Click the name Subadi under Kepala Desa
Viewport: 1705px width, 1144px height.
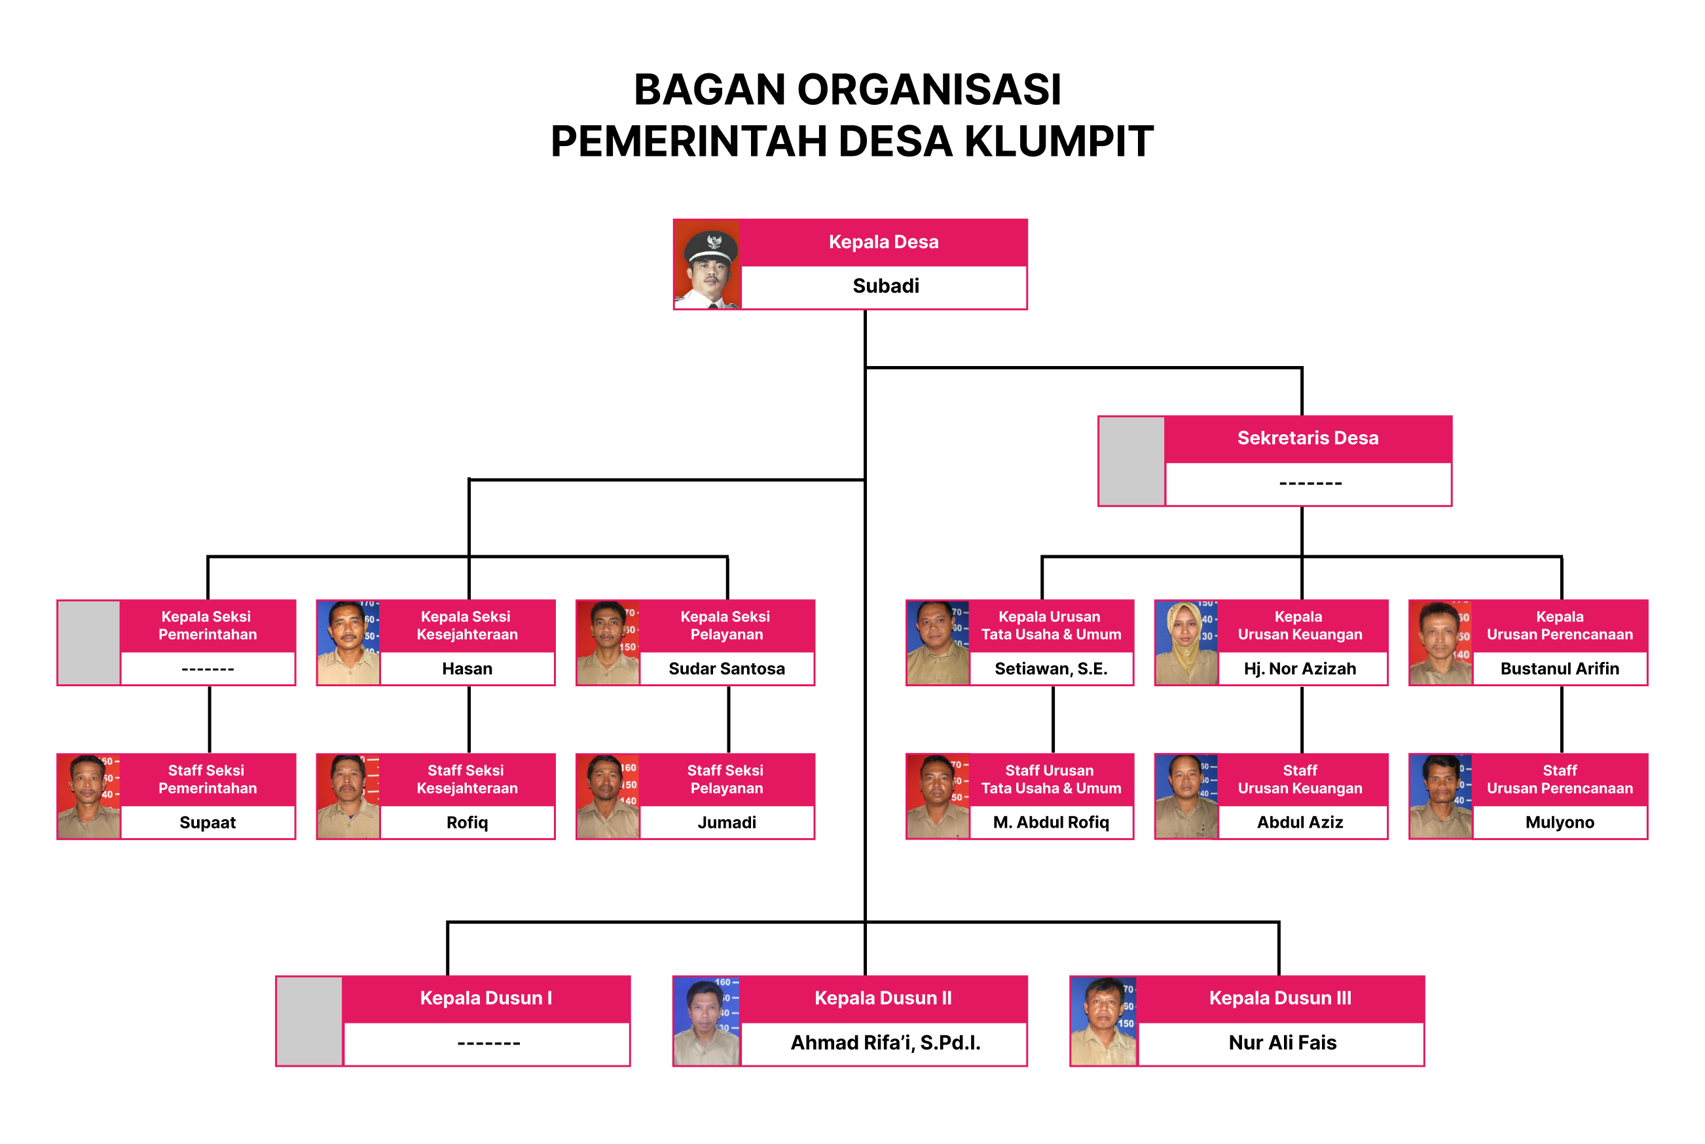pyautogui.click(x=885, y=286)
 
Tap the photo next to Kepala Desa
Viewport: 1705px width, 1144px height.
pyautogui.click(x=707, y=265)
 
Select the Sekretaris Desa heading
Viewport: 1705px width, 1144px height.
pyautogui.click(x=1308, y=439)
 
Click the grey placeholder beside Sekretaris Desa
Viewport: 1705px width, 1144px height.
pyautogui.click(x=1131, y=461)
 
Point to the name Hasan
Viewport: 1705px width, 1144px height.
pyautogui.click(x=467, y=669)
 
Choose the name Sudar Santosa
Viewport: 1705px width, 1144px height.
pyautogui.click(x=727, y=669)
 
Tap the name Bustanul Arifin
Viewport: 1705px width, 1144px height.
pyautogui.click(x=1559, y=669)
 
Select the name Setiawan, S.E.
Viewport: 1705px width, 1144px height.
pyautogui.click(x=1051, y=669)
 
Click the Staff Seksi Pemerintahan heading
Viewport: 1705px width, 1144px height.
pyautogui.click(x=207, y=779)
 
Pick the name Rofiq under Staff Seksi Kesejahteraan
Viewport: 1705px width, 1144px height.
pyautogui.click(x=467, y=823)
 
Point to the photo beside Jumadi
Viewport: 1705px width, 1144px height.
pyautogui.click(x=608, y=797)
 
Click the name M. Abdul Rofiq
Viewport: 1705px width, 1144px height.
pyautogui.click(x=1051, y=823)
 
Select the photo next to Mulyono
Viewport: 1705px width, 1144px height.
pyautogui.click(x=1440, y=797)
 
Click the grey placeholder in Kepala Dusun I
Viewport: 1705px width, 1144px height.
pyautogui.click(x=309, y=1022)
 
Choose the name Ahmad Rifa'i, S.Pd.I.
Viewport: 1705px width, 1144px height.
pyautogui.click(x=885, y=1043)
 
